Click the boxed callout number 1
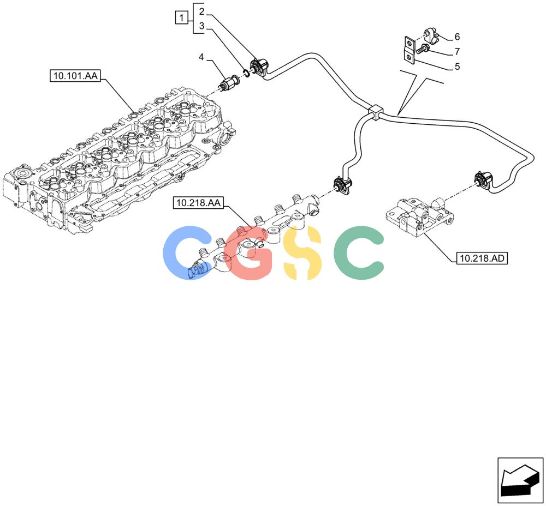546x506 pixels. [x=181, y=17]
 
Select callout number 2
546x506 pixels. [x=201, y=11]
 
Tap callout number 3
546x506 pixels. [x=201, y=26]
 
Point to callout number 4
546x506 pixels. [x=201, y=57]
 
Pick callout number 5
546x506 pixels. [x=457, y=66]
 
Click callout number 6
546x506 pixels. [x=457, y=37]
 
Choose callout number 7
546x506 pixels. [x=457, y=51]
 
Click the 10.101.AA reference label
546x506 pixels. [x=75, y=75]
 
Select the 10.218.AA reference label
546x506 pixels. [x=199, y=203]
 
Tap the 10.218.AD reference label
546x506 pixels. [x=482, y=258]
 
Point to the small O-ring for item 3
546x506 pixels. [x=246, y=73]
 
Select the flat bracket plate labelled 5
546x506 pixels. [x=410, y=50]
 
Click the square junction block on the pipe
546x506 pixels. [x=375, y=112]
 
